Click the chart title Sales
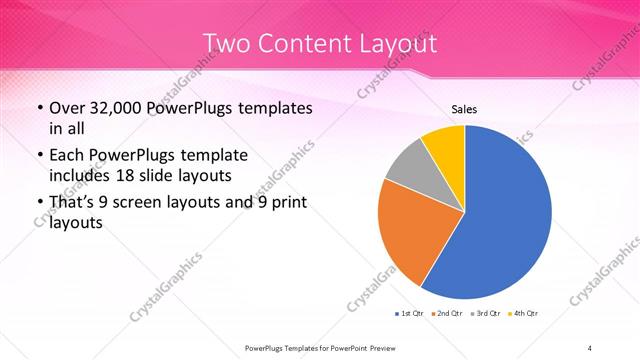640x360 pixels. tap(464, 108)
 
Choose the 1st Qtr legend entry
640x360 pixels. tap(410, 315)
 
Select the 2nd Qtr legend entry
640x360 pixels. tap(447, 315)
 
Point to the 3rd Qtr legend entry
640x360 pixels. tap(485, 315)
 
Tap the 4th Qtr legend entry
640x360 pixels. tap(522, 315)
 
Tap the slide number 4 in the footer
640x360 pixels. tap(590, 347)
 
